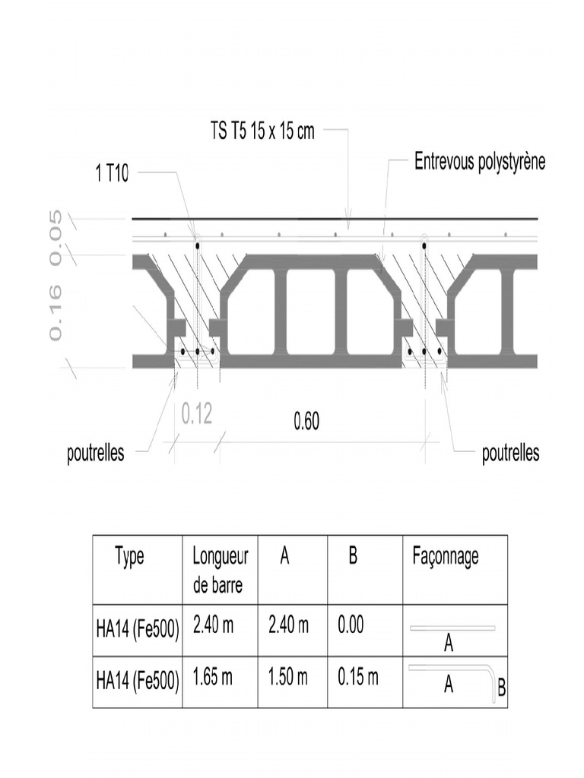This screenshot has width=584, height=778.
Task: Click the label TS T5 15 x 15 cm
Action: [x=262, y=131]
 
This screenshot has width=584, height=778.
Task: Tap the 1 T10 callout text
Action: [x=112, y=173]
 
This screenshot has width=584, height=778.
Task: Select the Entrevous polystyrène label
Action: [x=479, y=162]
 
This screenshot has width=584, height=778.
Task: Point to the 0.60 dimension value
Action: [x=306, y=422]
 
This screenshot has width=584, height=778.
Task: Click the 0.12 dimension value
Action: [x=197, y=414]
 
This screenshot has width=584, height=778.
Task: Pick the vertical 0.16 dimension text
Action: [x=55, y=312]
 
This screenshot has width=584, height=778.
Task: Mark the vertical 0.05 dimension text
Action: [x=55, y=237]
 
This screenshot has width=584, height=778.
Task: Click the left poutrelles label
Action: [x=96, y=454]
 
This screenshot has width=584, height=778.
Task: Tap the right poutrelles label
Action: [x=511, y=454]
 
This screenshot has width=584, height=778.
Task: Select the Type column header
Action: [x=129, y=557]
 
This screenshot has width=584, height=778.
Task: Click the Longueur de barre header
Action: [x=220, y=571]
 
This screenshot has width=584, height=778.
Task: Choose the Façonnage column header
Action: [x=446, y=557]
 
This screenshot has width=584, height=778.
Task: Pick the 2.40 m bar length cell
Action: [x=213, y=626]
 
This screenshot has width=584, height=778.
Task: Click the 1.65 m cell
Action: [x=213, y=677]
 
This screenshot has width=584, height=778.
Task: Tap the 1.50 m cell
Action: [x=288, y=677]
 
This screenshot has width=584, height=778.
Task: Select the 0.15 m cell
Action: [x=357, y=677]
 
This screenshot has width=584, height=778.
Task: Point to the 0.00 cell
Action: [x=351, y=626]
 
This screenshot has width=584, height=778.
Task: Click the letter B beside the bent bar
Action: [x=501, y=689]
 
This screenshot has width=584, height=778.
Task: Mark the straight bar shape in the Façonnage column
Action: [x=452, y=628]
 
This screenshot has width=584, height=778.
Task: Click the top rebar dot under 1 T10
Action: [x=197, y=246]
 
